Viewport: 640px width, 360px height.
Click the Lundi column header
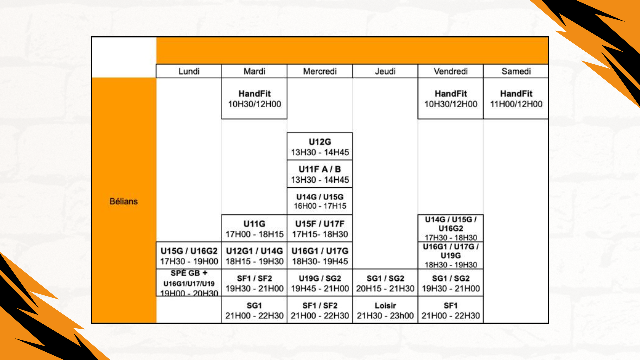pos(189,71)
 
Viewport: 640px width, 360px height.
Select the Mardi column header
pos(254,71)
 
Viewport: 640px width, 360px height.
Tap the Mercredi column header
pos(320,71)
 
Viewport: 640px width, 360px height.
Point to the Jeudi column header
pos(385,71)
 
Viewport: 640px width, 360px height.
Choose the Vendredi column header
pos(450,71)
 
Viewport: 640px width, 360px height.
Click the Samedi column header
pos(516,71)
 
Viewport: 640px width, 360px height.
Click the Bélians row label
pos(124,201)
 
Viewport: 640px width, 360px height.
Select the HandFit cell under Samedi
pos(516,99)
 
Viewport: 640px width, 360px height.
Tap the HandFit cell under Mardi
pos(254,99)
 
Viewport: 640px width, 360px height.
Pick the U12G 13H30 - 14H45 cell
pos(320,147)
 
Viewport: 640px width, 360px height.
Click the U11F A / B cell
pos(320,174)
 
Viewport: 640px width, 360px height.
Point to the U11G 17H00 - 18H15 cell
pos(254,229)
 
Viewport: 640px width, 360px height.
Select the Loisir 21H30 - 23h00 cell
pos(385,310)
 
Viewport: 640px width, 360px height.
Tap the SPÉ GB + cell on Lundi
pos(189,283)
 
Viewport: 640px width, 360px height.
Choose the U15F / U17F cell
pos(320,229)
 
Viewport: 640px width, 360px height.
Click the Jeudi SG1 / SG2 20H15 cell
pos(385,283)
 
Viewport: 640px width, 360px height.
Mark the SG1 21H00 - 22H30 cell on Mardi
pos(254,310)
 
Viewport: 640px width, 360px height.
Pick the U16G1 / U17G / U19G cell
pos(450,256)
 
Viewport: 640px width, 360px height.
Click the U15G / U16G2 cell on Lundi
pos(189,256)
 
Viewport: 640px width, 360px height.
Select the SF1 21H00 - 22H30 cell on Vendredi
pos(450,310)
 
